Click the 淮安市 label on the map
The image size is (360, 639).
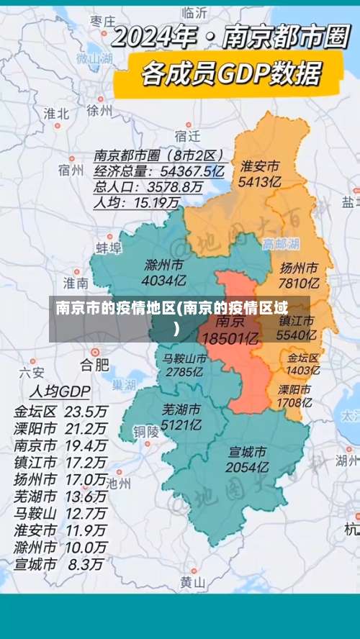261,166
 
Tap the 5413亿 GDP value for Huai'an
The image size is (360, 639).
261,181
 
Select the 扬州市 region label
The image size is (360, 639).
300,268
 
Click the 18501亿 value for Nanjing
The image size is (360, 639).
230,337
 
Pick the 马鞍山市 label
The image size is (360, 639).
184,358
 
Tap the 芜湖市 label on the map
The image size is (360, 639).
181,409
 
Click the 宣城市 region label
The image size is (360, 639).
248,452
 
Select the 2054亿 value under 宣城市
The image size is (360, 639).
248,467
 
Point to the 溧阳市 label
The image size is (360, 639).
295,389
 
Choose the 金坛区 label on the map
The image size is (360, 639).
303,358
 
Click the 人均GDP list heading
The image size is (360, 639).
59,392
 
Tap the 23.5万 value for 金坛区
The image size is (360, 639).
86,412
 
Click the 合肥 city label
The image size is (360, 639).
94,363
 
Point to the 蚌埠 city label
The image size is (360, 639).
109,248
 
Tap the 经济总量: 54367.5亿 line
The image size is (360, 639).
159,171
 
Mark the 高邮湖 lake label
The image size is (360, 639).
280,243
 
